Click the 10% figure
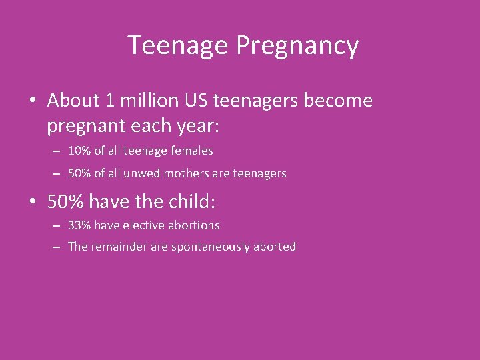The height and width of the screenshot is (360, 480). tap(79, 151)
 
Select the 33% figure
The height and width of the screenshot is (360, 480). tap(79, 225)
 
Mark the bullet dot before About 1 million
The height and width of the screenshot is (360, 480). tap(33, 101)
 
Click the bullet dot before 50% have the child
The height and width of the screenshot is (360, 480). tap(33, 201)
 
